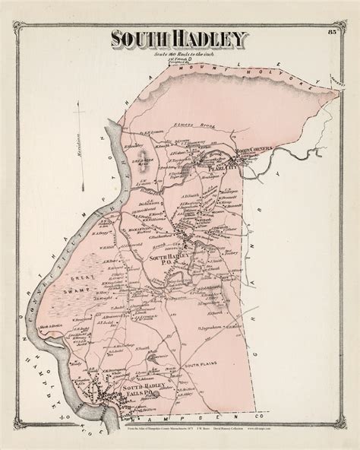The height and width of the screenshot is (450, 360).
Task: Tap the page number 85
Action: point(331,32)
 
